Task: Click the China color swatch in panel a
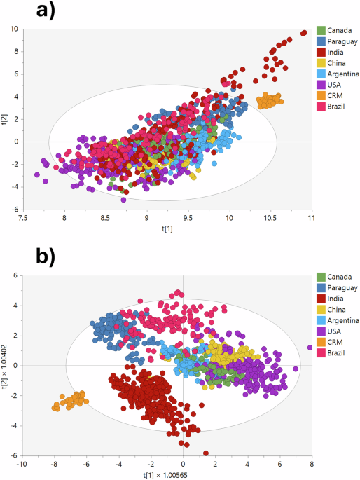(321, 63)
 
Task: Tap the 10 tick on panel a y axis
(14, 29)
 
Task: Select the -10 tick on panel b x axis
(22, 463)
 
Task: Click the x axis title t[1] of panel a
(162, 228)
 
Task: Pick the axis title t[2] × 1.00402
(6, 365)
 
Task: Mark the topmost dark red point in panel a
(304, 32)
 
